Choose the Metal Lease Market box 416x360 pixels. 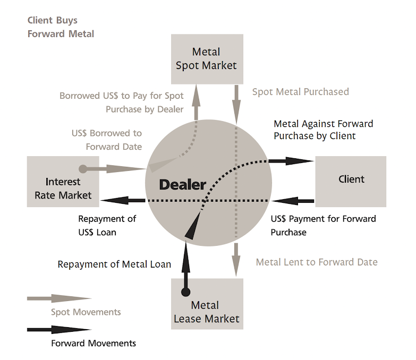207,312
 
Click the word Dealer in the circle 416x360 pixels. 182,185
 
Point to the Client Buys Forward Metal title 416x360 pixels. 61,27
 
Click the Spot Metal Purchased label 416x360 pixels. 300,92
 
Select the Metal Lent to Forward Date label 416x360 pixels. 317,262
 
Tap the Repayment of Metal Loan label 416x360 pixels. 114,264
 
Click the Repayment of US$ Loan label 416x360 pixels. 107,225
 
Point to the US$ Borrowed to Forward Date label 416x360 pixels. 107,140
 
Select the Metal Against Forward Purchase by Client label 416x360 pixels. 323,130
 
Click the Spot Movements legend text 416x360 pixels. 86,312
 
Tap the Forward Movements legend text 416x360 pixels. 94,343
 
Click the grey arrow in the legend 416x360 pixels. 58,299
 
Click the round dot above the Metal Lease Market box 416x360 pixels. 185,292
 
